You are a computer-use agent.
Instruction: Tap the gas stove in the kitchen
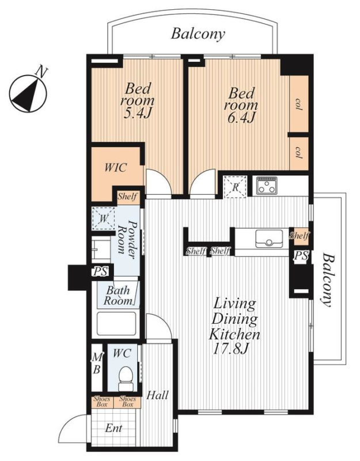(x=267, y=186)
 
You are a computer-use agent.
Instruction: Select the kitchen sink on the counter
(x=269, y=239)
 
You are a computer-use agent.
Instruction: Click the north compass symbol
(x=28, y=93)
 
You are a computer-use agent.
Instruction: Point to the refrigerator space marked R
(x=235, y=187)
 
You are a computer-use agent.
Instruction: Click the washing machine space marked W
(x=103, y=218)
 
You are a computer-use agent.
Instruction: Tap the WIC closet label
(x=116, y=168)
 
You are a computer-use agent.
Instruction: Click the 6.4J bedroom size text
(x=241, y=118)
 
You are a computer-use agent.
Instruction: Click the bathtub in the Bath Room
(x=117, y=323)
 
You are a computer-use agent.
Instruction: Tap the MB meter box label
(x=97, y=364)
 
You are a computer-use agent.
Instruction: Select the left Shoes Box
(x=102, y=402)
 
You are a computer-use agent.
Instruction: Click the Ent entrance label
(x=113, y=428)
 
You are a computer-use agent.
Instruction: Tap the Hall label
(x=157, y=395)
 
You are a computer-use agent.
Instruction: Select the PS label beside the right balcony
(x=301, y=256)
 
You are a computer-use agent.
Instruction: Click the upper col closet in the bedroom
(x=299, y=104)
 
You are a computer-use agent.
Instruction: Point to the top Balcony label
(x=198, y=33)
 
